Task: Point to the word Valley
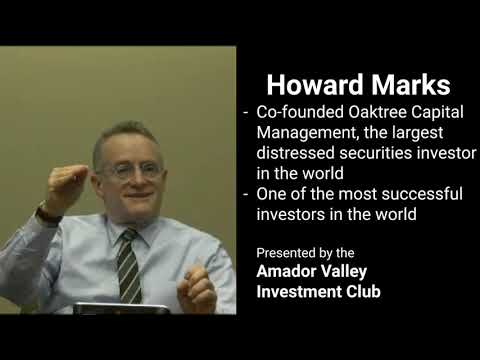coord(351,272)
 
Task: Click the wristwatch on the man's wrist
coord(48,213)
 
